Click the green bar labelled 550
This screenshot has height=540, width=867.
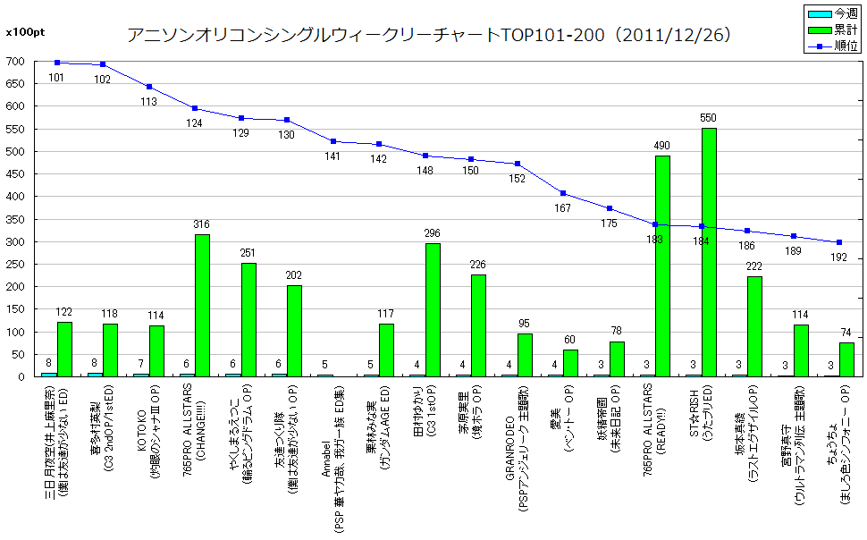coord(709,252)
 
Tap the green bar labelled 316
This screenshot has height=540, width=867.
coord(202,305)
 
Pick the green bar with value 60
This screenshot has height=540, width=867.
coord(570,363)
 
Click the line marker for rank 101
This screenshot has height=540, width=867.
coord(57,63)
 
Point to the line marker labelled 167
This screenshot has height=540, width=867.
coord(563,193)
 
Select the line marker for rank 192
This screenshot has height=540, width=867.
coord(839,242)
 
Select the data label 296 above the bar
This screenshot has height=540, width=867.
coord(432,234)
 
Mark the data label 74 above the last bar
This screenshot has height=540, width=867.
coord(846,333)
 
